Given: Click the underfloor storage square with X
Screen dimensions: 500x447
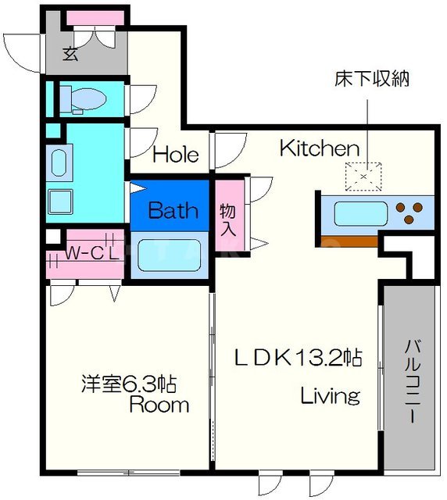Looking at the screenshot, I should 363,177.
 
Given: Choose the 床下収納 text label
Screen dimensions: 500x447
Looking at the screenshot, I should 363,79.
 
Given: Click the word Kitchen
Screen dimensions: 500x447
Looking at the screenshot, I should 319,148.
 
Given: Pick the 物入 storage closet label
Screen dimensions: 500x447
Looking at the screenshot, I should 227,220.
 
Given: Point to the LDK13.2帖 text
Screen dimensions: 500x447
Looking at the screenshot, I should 299,358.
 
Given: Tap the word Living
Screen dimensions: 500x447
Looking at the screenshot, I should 331,395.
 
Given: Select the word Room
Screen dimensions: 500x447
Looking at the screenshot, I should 159,405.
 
